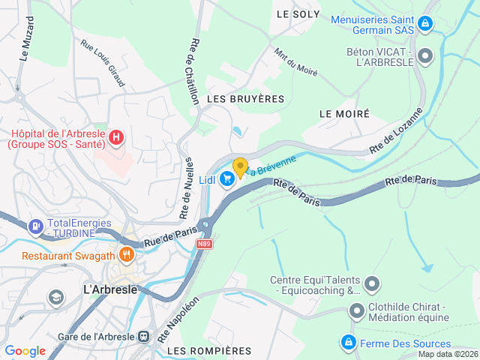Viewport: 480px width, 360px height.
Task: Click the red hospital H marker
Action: (x=116, y=137)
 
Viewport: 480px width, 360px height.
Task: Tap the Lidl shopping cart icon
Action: (x=226, y=181)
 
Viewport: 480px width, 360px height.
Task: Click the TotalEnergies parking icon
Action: (x=35, y=226)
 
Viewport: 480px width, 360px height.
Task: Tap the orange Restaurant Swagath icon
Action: (x=126, y=255)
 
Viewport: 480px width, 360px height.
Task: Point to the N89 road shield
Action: (x=205, y=244)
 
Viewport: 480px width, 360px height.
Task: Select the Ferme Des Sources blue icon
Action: (x=348, y=343)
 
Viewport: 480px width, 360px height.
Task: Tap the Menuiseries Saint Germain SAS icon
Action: (x=425, y=24)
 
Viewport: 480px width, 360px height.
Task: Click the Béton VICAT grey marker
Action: (x=425, y=55)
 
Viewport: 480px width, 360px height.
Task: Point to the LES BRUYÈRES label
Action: (x=247, y=99)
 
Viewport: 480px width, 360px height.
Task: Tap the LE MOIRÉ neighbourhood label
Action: (x=344, y=114)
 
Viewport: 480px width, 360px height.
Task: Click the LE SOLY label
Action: (x=298, y=14)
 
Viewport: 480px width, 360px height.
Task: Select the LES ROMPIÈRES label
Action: (x=209, y=350)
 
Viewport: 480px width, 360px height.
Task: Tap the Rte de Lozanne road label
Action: (x=397, y=131)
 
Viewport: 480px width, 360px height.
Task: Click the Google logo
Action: (x=25, y=350)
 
